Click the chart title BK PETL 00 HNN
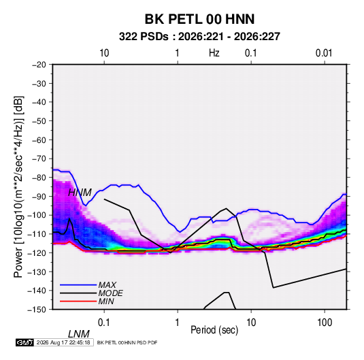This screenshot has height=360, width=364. point(199,19)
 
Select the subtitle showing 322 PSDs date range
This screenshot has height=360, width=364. point(199,37)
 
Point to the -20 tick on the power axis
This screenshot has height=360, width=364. point(39,65)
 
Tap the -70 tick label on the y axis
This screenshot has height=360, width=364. point(39,159)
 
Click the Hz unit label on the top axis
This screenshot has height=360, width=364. point(214,53)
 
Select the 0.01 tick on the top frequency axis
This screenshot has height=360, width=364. point(324,53)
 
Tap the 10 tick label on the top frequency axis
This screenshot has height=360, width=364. point(104,53)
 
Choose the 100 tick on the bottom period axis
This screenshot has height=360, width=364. point(325,323)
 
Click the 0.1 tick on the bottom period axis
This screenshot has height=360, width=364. point(104,323)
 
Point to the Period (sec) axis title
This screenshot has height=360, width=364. point(214,330)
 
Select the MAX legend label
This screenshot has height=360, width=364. point(107,285)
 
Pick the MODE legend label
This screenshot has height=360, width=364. point(110,293)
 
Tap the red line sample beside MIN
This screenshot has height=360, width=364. point(78,301)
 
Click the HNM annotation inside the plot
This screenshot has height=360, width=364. point(80,193)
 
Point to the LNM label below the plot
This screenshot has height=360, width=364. point(78,334)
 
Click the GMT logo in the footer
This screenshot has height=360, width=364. point(25,342)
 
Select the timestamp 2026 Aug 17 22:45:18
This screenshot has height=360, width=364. point(63,342)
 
